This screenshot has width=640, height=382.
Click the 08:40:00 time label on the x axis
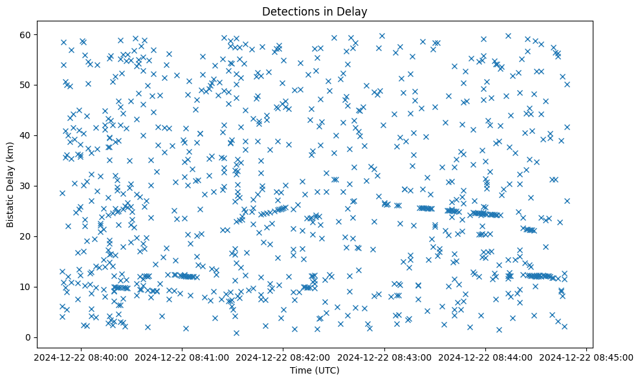(81, 357)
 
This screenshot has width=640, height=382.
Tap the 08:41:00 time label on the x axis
(182, 357)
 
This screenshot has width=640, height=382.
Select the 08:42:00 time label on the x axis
(283, 357)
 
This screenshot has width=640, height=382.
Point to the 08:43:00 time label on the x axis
(384, 357)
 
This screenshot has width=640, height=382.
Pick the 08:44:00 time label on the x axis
(485, 357)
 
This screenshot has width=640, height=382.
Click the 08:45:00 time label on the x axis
(586, 357)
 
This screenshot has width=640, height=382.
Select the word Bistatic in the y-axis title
(10, 209)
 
